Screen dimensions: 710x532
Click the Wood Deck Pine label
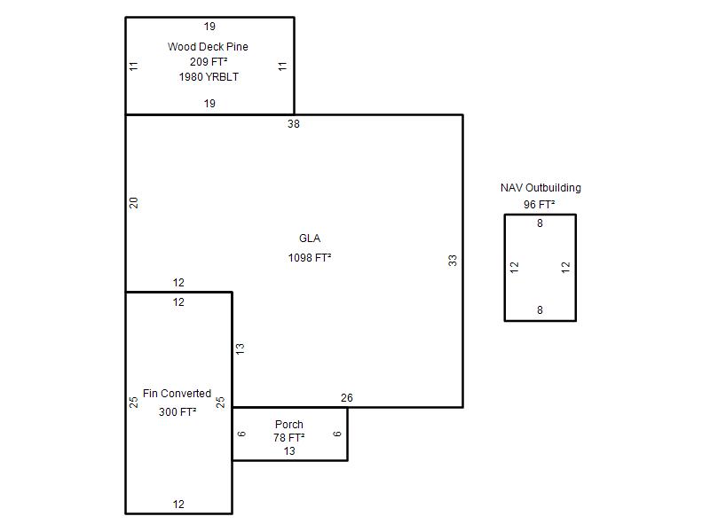[x=208, y=47]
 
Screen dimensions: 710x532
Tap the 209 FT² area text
[x=209, y=61]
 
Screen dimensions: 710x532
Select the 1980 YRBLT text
[x=209, y=77]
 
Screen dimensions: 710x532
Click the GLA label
[x=310, y=239]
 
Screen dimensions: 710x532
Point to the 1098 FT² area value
[x=310, y=258]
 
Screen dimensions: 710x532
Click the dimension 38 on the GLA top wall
[x=294, y=124]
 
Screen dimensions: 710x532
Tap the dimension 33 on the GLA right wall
[x=453, y=261]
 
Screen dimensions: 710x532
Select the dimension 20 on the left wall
[x=134, y=203]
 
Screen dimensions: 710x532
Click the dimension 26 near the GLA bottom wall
[x=347, y=398]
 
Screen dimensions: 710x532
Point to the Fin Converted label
[x=177, y=394]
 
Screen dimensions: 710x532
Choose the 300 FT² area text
[x=177, y=412]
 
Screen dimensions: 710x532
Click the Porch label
[x=289, y=425]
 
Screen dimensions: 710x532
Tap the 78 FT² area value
[x=289, y=438]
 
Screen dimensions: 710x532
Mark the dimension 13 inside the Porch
[x=289, y=451]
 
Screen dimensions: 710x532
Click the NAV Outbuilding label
[x=540, y=188]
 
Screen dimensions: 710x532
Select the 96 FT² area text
[x=540, y=205]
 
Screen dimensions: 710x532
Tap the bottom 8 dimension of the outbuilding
[x=540, y=310]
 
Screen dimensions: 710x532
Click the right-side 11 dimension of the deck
[x=282, y=66]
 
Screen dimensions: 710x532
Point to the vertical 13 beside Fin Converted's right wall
[x=240, y=348]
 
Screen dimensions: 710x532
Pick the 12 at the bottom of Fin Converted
[x=178, y=505]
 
